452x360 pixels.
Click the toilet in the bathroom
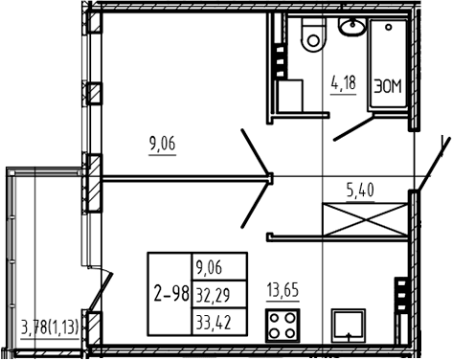click(314, 34)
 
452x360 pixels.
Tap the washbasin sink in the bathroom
click(352, 26)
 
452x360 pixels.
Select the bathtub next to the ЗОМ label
click(388, 64)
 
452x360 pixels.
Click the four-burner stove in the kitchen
click(282, 326)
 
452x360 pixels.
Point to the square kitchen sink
click(349, 326)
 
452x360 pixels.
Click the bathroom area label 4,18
click(344, 83)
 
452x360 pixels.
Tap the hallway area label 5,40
click(360, 191)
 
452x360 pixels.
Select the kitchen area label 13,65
click(283, 291)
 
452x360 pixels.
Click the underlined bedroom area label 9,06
click(163, 145)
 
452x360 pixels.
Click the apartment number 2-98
click(171, 294)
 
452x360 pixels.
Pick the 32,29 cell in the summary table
click(214, 295)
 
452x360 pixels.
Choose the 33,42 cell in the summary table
click(214, 322)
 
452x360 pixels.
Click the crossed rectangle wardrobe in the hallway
click(366, 219)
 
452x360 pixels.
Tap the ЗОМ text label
click(388, 87)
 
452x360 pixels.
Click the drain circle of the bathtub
click(389, 28)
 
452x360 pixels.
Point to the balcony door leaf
click(101, 291)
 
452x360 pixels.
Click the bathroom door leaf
click(353, 128)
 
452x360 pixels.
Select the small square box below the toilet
click(290, 96)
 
